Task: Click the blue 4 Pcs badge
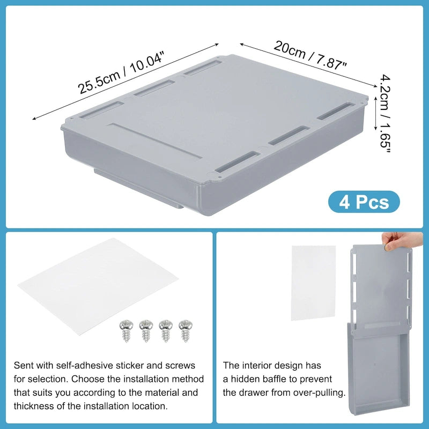pos(364,202)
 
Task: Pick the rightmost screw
pos(185,329)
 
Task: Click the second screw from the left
pos(146,329)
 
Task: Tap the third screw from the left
pos(165,329)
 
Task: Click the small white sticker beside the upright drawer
pos(313,282)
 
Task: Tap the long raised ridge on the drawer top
pos(156,141)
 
